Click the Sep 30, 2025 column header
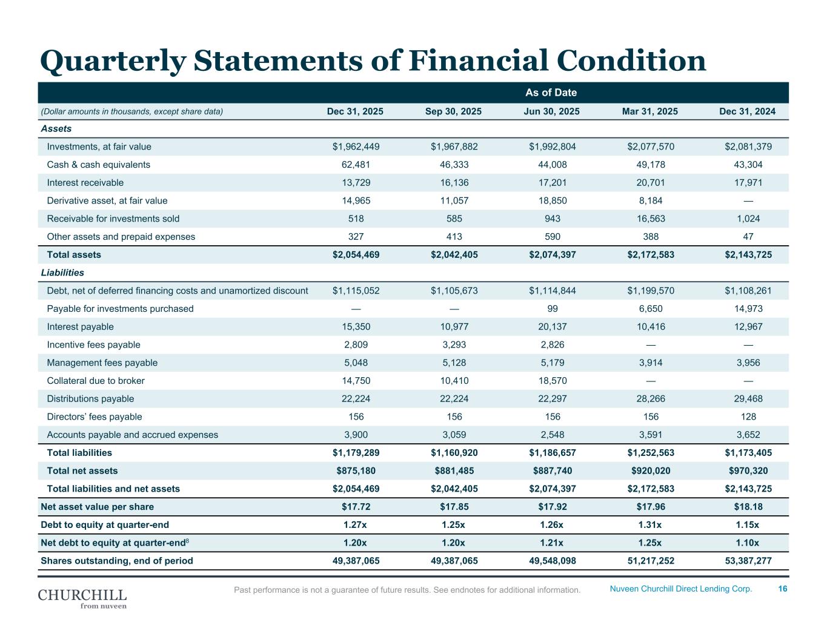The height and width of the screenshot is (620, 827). pos(454,111)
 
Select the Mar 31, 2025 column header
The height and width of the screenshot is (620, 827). pos(650,111)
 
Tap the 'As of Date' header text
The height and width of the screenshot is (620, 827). pos(551,93)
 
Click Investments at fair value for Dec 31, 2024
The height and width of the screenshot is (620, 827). pos(748,147)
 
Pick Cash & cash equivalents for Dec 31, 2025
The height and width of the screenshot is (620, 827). pos(356,165)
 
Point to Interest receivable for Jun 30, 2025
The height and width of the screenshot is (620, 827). pos(552,183)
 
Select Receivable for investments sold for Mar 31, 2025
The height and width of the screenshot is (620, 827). pos(651,219)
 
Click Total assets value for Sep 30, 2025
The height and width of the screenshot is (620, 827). pos(454,255)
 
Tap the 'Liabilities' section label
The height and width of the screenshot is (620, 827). pos(62,272)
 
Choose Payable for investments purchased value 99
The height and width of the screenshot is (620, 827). pos(552,309)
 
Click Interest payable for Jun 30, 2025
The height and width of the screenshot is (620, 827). pos(552,327)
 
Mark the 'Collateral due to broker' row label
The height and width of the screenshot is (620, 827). pos(96,381)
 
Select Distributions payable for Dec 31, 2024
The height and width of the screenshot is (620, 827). pos(748,399)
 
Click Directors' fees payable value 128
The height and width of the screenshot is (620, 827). pos(748,417)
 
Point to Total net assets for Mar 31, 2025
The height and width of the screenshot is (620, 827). pos(651,471)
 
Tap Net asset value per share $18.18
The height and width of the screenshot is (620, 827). pos(748,507)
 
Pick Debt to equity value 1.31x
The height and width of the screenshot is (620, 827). pos(651,525)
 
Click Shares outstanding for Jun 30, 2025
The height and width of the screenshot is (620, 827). pos(552,561)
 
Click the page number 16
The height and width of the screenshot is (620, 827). pos(783,589)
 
